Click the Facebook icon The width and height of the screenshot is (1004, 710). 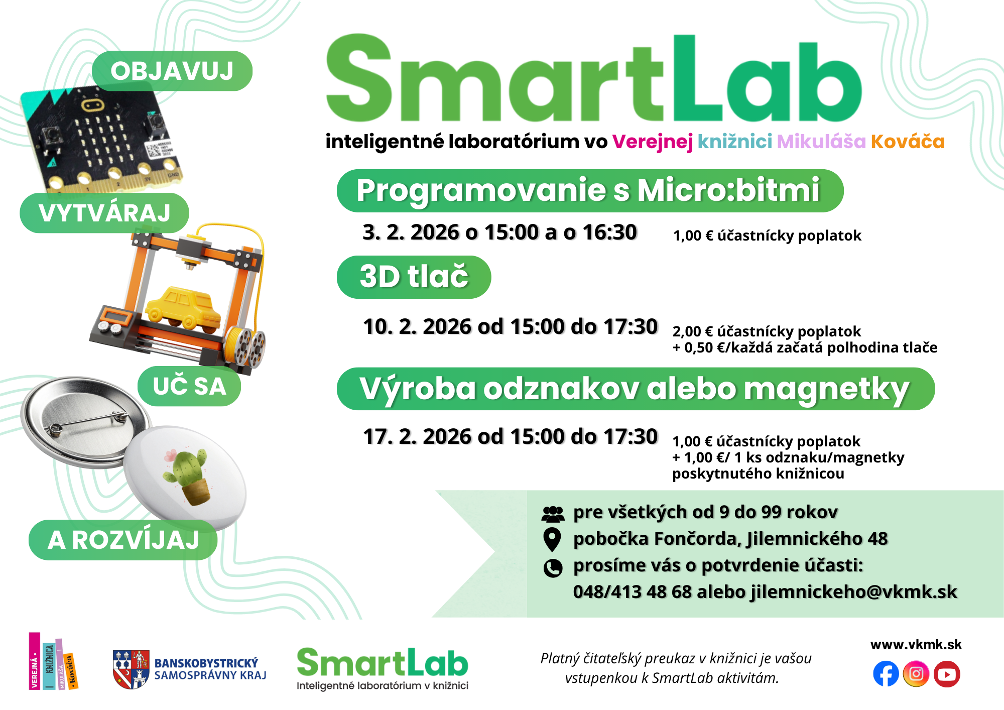886,674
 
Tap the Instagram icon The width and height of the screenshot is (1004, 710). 916,674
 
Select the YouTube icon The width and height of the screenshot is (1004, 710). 947,674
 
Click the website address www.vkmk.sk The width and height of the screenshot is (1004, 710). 916,645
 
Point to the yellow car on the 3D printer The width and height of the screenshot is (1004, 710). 183,309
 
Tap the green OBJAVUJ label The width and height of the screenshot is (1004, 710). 172,71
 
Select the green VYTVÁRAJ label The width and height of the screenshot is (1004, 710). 104,213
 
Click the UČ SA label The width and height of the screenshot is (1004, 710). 189,386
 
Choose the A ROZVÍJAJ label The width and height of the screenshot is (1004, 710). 123,540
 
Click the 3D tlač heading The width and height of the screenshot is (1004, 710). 414,277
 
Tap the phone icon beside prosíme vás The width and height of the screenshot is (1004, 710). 553,568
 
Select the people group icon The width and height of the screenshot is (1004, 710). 553,514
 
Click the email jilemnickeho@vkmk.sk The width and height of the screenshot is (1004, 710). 854,592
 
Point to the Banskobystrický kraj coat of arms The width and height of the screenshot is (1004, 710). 131,669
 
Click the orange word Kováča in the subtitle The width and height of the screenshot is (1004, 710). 908,142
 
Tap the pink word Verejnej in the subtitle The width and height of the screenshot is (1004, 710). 652,142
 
